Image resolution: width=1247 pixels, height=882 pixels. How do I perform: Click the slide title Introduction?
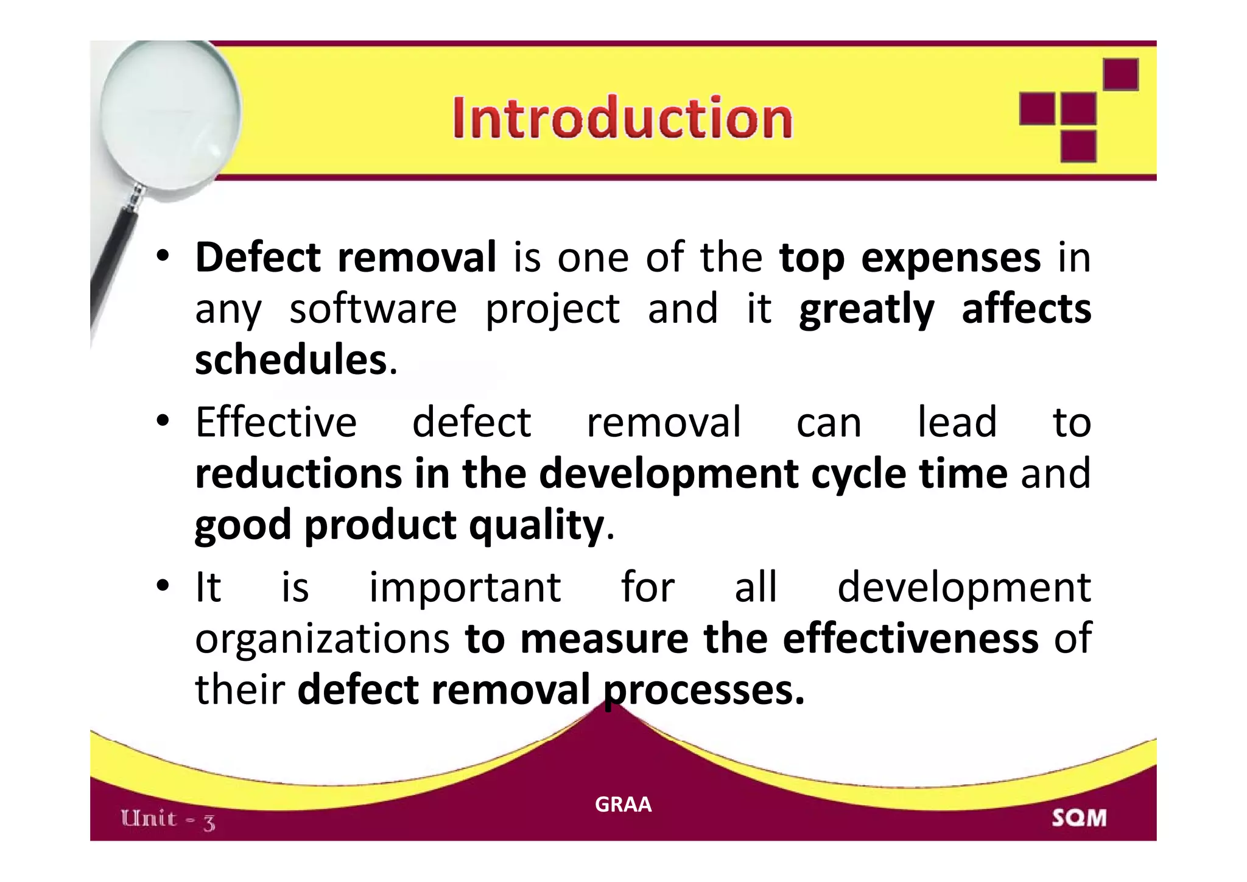[x=622, y=118]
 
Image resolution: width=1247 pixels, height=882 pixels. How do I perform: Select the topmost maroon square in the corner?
[x=1120, y=74]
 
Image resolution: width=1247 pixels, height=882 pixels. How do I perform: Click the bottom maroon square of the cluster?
[x=1078, y=146]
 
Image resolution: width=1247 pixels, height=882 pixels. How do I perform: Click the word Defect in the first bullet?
[x=257, y=257]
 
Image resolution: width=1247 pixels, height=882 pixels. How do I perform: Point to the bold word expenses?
[x=950, y=258]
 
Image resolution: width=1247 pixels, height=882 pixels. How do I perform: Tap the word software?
[x=373, y=309]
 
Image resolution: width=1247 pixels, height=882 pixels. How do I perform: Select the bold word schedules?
[x=291, y=359]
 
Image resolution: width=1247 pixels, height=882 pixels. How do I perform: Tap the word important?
[x=465, y=587]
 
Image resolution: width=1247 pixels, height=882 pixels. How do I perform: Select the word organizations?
[x=322, y=638]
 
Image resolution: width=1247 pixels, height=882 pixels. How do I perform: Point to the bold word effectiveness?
[x=910, y=638]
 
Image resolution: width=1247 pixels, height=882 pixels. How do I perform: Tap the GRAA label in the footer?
[x=623, y=804]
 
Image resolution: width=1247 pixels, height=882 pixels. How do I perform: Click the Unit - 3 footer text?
[x=168, y=819]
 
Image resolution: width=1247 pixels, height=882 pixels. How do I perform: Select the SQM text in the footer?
[x=1079, y=817]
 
